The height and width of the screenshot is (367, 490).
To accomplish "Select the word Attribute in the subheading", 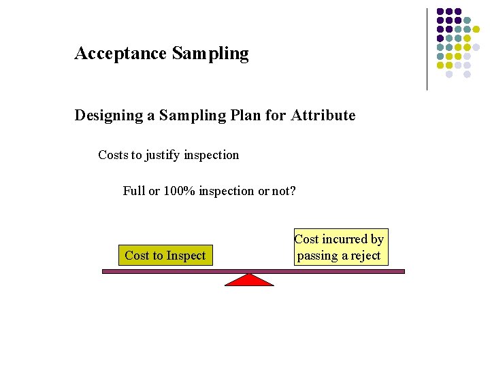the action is (x=323, y=116).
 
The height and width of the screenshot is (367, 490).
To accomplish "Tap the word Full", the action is (x=133, y=191).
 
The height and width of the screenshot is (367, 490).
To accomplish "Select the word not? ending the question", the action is (x=284, y=191).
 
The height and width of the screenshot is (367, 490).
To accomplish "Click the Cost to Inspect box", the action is (x=165, y=256).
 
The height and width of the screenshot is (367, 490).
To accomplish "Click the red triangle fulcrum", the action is (x=249, y=279).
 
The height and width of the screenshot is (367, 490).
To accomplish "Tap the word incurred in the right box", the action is (x=345, y=239).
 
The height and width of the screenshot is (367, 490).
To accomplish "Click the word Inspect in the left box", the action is (x=184, y=256).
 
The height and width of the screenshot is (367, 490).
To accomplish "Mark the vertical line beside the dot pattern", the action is (x=427, y=49).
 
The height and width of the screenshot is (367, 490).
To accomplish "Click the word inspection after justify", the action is (x=212, y=155).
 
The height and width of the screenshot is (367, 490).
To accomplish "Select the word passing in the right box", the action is (x=317, y=256).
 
